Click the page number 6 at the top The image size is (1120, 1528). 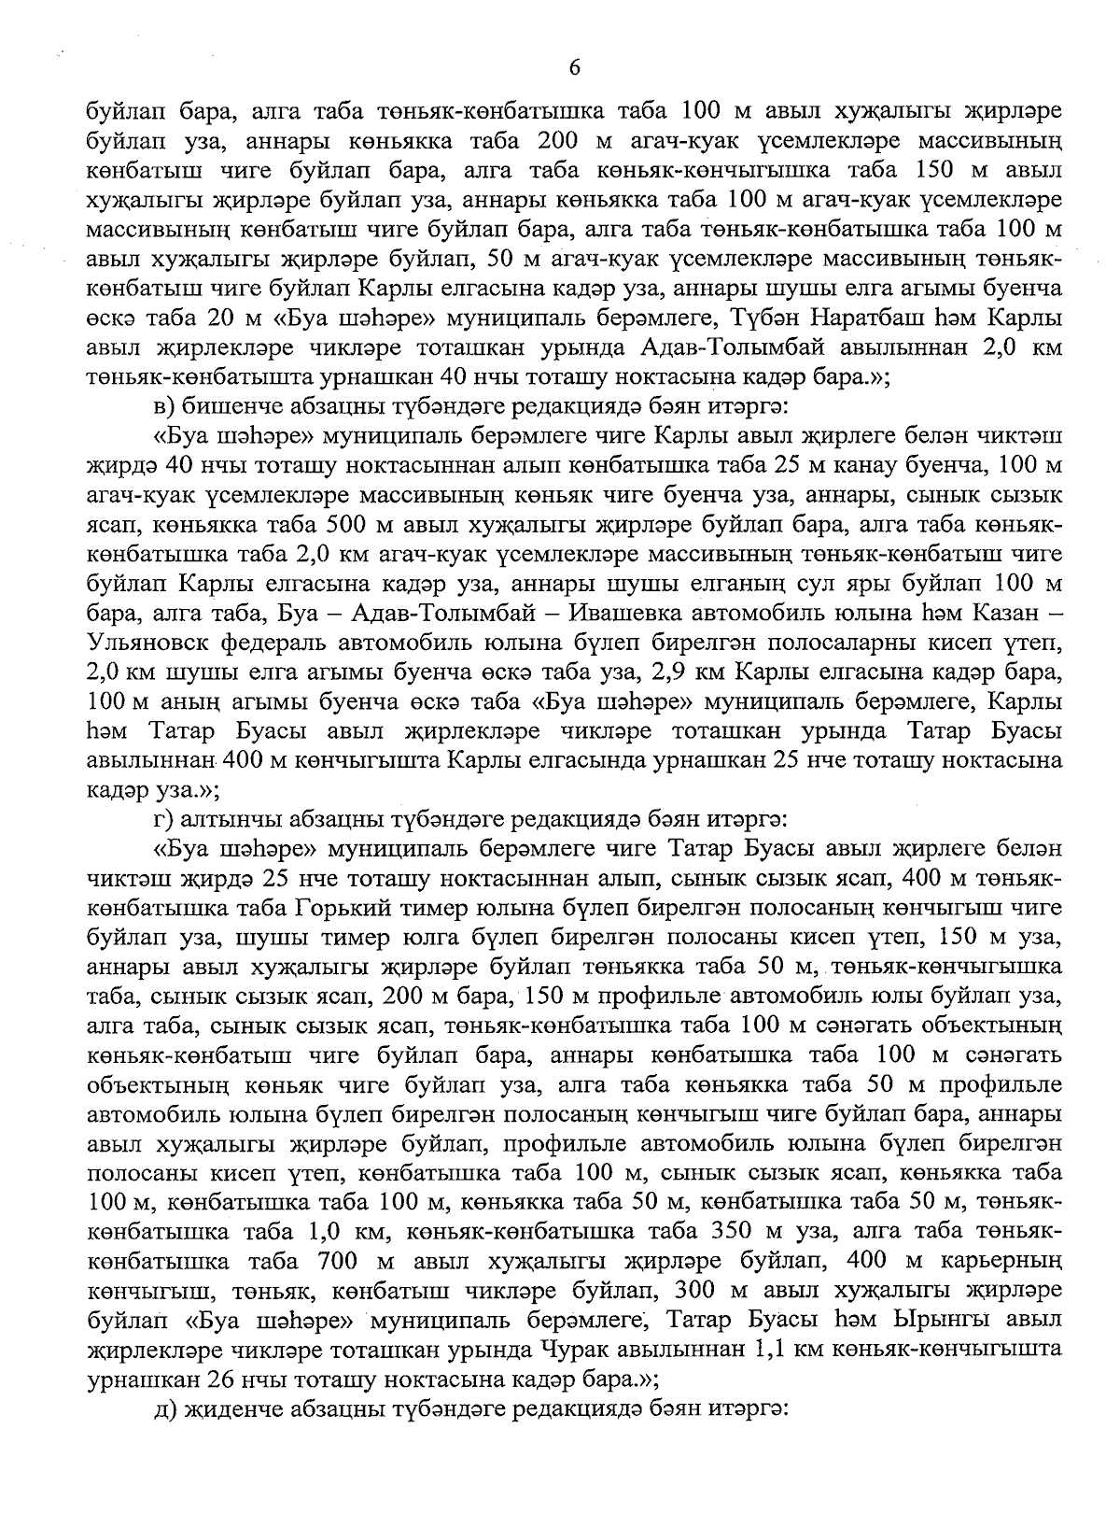(x=573, y=66)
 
